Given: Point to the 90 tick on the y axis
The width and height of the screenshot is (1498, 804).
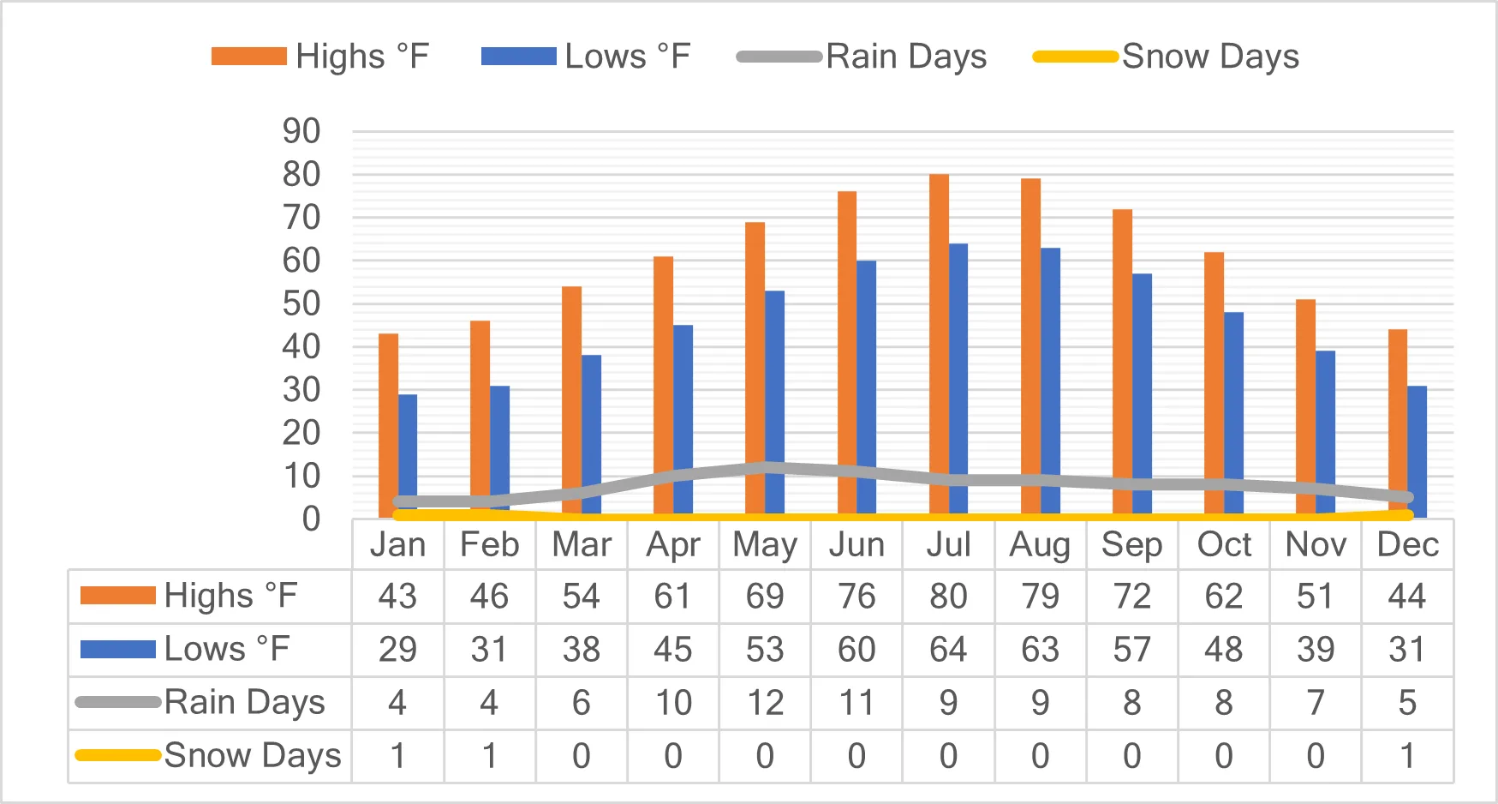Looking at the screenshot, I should (301, 132).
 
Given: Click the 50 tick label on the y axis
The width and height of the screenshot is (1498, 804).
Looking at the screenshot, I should (301, 304).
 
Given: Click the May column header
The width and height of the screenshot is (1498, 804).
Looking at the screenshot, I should (765, 545).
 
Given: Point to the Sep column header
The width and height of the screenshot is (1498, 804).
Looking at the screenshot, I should (1131, 545).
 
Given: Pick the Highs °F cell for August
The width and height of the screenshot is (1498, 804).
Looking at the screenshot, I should (1040, 597).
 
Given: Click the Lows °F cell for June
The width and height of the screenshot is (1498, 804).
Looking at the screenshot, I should (856, 650).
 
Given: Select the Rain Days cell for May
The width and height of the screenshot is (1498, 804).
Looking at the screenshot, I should (765, 703).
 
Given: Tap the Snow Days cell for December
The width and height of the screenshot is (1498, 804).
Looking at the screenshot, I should (1407, 756).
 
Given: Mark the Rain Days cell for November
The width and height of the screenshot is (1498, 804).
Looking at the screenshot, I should (1316, 703).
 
